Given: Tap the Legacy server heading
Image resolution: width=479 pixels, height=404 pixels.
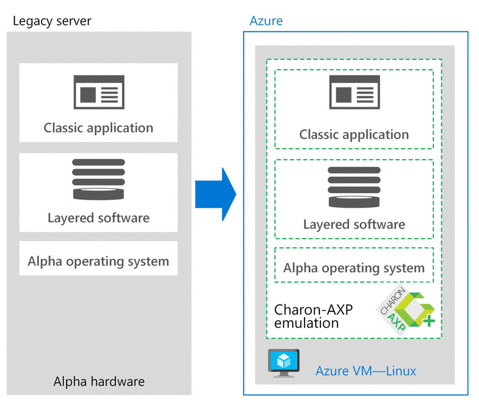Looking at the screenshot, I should pyautogui.click(x=52, y=21).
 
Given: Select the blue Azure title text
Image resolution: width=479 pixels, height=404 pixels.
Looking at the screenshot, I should pyautogui.click(x=266, y=21).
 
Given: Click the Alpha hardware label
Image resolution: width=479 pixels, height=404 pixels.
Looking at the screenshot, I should pyautogui.click(x=99, y=382).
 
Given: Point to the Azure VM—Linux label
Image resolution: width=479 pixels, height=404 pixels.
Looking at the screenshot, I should pyautogui.click(x=366, y=370).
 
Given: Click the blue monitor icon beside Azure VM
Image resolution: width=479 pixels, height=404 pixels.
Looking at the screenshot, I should pyautogui.click(x=284, y=362).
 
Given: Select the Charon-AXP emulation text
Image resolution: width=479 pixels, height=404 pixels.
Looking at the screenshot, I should pyautogui.click(x=313, y=316).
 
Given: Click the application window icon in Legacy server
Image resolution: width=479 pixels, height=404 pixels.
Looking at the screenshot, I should pyautogui.click(x=99, y=92).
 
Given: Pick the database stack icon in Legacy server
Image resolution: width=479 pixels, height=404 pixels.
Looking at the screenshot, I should pyautogui.click(x=98, y=179).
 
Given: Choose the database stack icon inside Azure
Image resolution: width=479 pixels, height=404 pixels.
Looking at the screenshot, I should pyautogui.click(x=354, y=187).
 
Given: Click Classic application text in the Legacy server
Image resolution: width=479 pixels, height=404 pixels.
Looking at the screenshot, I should pyautogui.click(x=98, y=128).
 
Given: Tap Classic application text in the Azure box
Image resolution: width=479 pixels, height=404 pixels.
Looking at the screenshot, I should pyautogui.click(x=354, y=135).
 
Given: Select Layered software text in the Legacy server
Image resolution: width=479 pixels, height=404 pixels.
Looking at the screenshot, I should pyautogui.click(x=98, y=218).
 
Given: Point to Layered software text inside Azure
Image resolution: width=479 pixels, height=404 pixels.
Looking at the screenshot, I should pyautogui.click(x=354, y=224).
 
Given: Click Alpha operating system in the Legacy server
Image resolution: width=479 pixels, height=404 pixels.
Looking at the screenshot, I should pyautogui.click(x=98, y=261).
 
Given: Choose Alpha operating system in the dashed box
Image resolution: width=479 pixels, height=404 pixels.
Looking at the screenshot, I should pyautogui.click(x=354, y=268).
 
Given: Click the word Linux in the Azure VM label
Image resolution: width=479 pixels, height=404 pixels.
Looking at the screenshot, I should pyautogui.click(x=401, y=370).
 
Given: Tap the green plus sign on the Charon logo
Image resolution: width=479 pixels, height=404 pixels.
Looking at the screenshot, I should pyautogui.click(x=430, y=321).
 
